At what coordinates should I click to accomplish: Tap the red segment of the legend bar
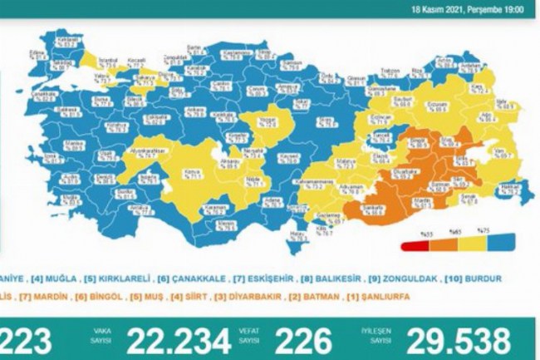(414, 246)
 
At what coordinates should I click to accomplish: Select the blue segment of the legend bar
(499, 246)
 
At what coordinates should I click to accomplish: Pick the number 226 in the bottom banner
(304, 340)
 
